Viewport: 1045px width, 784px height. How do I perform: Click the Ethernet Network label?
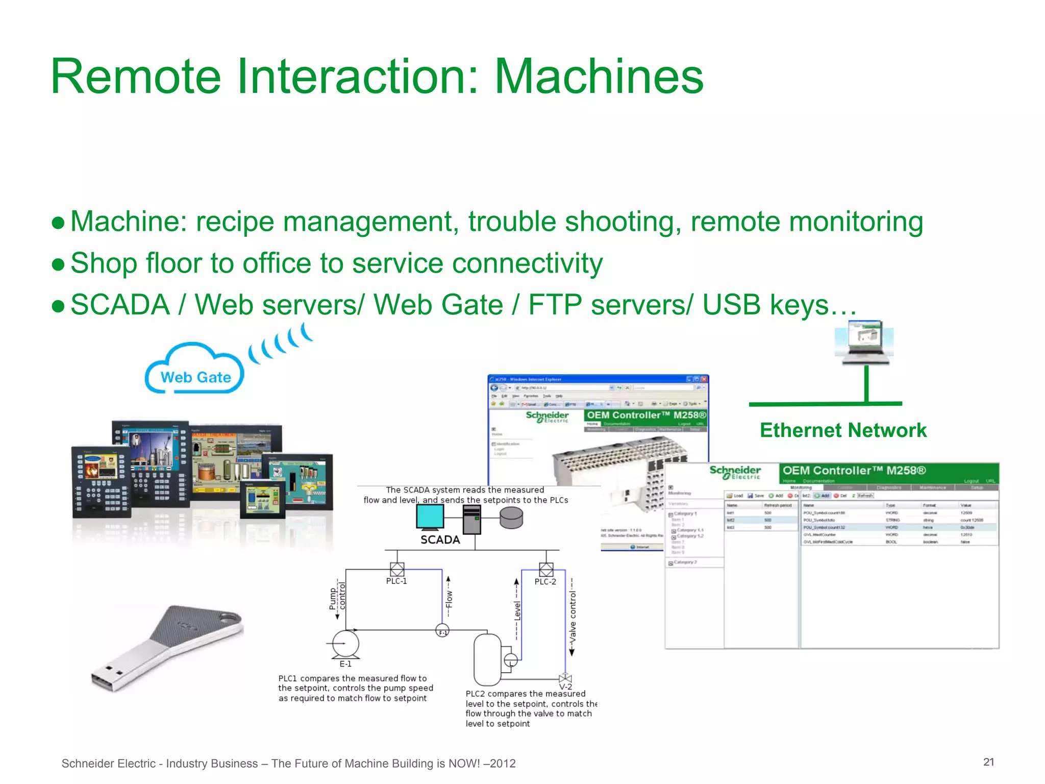(x=843, y=430)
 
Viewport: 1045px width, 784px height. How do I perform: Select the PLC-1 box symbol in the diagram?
(x=397, y=569)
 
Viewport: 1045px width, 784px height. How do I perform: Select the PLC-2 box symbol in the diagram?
(x=546, y=570)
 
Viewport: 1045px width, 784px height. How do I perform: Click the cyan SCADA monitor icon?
(x=430, y=518)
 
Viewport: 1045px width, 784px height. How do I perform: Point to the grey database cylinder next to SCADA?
(x=511, y=518)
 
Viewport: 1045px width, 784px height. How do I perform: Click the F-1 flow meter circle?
(x=442, y=631)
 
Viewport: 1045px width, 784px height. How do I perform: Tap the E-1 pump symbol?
(x=345, y=644)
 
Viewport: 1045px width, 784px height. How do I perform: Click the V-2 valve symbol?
(x=565, y=678)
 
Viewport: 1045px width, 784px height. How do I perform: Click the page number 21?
(x=988, y=762)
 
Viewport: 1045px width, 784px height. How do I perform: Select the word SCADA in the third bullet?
(x=120, y=305)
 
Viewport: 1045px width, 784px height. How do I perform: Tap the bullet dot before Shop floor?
(x=58, y=264)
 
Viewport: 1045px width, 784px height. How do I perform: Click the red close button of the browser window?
(x=704, y=379)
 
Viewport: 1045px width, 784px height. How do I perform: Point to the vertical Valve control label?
(x=573, y=618)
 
